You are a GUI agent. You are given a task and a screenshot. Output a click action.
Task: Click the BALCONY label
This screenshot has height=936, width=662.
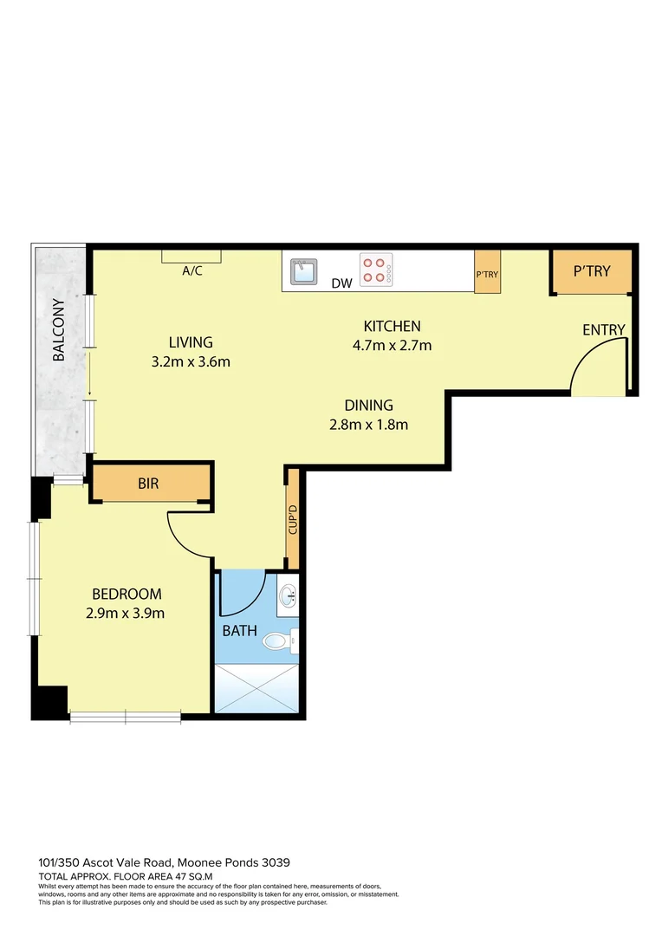coord(59,330)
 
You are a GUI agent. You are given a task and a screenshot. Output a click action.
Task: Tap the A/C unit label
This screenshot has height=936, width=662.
coord(191,270)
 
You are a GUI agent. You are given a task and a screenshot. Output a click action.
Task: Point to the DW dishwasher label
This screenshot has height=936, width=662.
coord(341,283)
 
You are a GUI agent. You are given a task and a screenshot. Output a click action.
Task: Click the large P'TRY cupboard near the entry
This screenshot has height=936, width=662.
coord(592,271)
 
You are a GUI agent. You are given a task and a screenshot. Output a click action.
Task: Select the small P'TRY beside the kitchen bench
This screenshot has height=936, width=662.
coord(487,273)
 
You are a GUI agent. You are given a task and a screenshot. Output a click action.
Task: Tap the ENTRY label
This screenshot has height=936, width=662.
coord(603,330)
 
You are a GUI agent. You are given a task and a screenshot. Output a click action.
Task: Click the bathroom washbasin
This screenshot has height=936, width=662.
coord(288,595)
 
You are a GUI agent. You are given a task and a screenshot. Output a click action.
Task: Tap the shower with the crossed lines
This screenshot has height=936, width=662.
coord(256,687)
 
